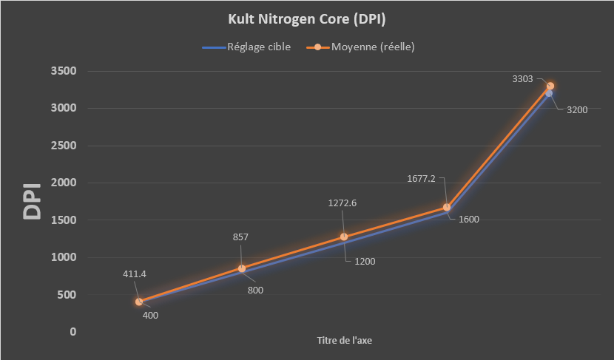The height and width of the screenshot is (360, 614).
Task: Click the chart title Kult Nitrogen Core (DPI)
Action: click(x=306, y=18)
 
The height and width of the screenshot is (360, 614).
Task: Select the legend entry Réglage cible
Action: click(x=257, y=47)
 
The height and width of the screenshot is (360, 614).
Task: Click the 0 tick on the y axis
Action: click(x=72, y=332)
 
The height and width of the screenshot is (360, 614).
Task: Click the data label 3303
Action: click(x=522, y=78)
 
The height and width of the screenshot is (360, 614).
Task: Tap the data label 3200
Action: click(x=576, y=110)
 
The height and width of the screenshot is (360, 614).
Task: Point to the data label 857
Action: click(x=240, y=237)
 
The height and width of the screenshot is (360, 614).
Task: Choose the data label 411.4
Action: click(x=134, y=274)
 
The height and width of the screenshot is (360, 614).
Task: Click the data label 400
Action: click(x=150, y=316)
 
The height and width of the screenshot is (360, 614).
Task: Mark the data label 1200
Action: click(x=363, y=262)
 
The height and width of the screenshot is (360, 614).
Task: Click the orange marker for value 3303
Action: click(x=550, y=86)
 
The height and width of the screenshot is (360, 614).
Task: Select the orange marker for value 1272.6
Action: click(x=344, y=237)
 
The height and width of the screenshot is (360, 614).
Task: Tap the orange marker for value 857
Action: click(x=241, y=268)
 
